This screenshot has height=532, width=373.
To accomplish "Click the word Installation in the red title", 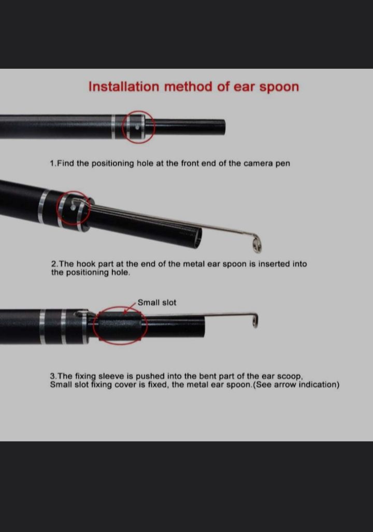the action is click(124, 86).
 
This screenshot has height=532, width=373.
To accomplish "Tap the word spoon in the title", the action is click(279, 87).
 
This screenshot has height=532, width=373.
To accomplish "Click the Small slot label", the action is click(157, 302).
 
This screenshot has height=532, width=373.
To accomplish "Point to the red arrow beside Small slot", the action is click(130, 307).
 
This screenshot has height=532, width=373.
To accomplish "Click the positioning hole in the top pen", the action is click(137, 128).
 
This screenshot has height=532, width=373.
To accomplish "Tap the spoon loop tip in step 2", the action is click(257, 245).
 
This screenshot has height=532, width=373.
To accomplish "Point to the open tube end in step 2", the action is click(198, 238).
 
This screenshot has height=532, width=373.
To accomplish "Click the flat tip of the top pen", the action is click(224, 127).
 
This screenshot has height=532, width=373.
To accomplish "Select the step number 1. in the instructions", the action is click(53, 164).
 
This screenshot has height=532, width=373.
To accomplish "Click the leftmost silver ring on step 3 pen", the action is click(42, 327).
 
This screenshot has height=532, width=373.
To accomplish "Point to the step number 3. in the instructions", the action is click(53, 376).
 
